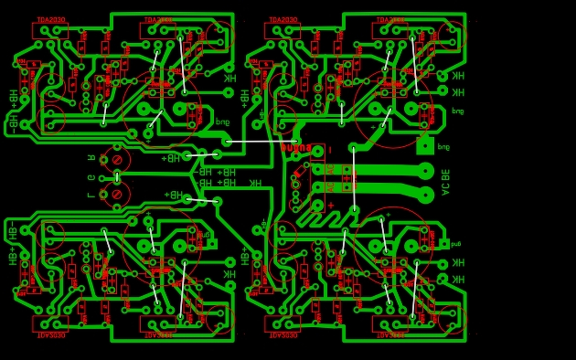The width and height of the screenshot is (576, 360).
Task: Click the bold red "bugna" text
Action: click(296, 148)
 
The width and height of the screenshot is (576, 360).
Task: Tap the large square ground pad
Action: click(425, 146)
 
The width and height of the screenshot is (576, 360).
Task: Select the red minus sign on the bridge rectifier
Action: click(330, 149)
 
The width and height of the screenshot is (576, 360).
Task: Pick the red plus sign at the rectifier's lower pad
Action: click(331, 206)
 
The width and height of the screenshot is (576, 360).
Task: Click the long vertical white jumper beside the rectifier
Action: click(354, 178)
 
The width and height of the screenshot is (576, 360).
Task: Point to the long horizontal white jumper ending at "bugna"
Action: click(261, 141)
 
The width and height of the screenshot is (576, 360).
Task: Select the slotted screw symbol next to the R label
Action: click(118, 159)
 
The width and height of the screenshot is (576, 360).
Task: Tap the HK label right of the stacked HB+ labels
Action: click(255, 183)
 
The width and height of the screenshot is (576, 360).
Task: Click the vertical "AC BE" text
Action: click(445, 182)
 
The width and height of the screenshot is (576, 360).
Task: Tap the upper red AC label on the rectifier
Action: click(331, 170)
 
